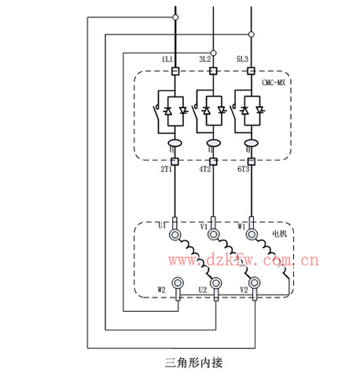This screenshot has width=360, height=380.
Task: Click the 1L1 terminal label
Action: coord(167,60)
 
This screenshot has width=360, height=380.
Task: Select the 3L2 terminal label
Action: coord(205,60)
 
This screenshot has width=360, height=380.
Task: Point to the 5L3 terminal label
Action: coord(242,60)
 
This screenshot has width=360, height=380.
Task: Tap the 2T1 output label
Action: coord(167,169)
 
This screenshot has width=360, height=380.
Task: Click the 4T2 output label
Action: coord(205,169)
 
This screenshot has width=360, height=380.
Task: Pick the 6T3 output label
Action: coord(243,169)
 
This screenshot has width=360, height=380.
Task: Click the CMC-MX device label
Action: coord(274,82)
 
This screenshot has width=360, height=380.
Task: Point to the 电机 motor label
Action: coord(280,233)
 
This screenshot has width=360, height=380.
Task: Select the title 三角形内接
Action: coord(193,363)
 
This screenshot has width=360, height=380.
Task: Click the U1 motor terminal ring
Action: coord(174,234)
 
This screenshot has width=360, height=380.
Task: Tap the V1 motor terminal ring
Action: coord(213,234)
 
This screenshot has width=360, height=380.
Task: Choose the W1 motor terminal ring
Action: coord(252,234)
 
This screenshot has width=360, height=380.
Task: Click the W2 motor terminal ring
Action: coord(178,283)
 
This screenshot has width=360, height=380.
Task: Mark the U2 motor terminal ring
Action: coord(215,283)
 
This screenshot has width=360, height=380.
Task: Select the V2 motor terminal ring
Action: coord(254,283)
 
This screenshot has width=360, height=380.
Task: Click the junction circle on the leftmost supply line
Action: coord(175,17)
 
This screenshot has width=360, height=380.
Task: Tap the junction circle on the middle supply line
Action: coord(213,53)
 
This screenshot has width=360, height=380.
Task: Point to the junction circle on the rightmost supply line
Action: coord(251,35)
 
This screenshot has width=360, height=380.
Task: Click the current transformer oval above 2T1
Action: coord(174,143)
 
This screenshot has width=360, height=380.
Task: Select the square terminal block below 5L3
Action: coord(251,71)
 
